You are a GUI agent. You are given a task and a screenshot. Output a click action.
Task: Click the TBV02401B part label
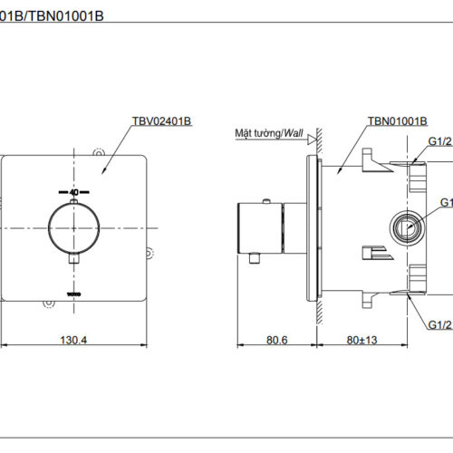point(162,120)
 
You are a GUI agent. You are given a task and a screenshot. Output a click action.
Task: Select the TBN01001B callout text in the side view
point(397,120)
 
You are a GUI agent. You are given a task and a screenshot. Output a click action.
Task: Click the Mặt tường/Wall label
point(269,132)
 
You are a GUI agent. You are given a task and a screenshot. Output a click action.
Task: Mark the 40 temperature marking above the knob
point(72,192)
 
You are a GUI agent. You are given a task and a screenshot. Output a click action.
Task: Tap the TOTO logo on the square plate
point(73,293)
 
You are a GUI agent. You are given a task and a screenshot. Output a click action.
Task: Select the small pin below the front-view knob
point(73,261)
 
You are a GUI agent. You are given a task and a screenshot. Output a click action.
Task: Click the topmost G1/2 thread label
point(439,141)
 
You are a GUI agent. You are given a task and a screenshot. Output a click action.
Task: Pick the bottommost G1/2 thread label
point(439,323)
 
